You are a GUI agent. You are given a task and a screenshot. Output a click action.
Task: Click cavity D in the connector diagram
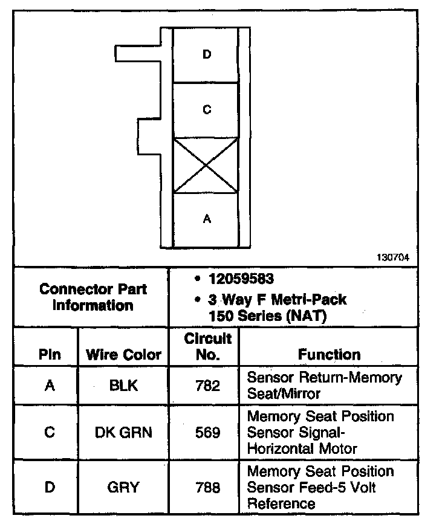coord(207,55)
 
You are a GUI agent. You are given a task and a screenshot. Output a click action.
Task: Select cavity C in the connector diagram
coord(207,110)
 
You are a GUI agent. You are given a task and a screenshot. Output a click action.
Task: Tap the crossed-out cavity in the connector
coord(206,165)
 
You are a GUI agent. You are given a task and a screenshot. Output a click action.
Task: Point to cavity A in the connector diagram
coord(207,219)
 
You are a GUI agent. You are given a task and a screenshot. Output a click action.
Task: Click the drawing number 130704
coord(393,257)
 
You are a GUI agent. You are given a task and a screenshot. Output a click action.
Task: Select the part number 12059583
coord(241,279)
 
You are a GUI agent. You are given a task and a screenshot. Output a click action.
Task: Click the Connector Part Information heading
coord(93,297)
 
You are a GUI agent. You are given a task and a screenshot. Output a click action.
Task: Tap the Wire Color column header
coord(124,355)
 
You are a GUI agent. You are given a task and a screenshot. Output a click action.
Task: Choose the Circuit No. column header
coord(207,346)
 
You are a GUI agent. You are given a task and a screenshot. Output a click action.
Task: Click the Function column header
coord(329,355)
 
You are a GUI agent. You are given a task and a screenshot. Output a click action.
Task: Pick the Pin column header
coord(50,355)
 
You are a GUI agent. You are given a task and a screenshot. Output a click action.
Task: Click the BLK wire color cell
coord(123,385)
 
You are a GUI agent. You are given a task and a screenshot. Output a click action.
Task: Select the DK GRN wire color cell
coord(123,432)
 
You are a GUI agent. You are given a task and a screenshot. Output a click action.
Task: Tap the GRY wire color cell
coord(123,487)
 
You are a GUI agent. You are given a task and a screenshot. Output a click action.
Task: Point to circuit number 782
coord(207,385)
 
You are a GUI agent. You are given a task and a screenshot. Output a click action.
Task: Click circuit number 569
coord(207,432)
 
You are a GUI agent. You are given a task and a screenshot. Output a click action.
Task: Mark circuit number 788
coord(207,487)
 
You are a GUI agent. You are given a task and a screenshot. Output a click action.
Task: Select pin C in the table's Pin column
coord(50,432)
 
